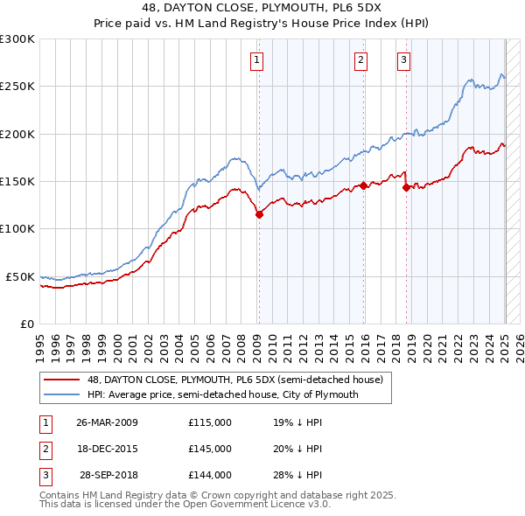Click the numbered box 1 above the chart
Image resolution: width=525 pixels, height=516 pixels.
pyautogui.click(x=257, y=60)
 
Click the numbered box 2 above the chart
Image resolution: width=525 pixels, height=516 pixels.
pyautogui.click(x=360, y=60)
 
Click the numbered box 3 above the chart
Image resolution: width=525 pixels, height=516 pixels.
pyautogui.click(x=403, y=60)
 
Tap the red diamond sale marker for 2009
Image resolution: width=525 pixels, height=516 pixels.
pyautogui.click(x=259, y=214)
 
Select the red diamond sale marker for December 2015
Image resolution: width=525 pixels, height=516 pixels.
pyautogui.click(x=363, y=185)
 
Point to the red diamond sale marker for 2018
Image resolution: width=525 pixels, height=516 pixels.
pyautogui.click(x=406, y=186)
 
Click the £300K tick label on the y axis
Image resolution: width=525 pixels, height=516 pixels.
pyautogui.click(x=17, y=39)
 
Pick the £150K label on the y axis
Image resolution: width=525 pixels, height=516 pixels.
pyautogui.click(x=17, y=181)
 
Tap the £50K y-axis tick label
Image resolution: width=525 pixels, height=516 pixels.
pyautogui.click(x=20, y=276)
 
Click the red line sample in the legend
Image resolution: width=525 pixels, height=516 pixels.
pyautogui.click(x=62, y=380)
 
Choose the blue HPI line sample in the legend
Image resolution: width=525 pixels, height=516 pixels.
pyautogui.click(x=62, y=394)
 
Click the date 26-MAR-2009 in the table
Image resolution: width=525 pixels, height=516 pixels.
pyautogui.click(x=107, y=422)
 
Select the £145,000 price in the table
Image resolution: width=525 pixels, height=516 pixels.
pyautogui.click(x=210, y=449)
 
